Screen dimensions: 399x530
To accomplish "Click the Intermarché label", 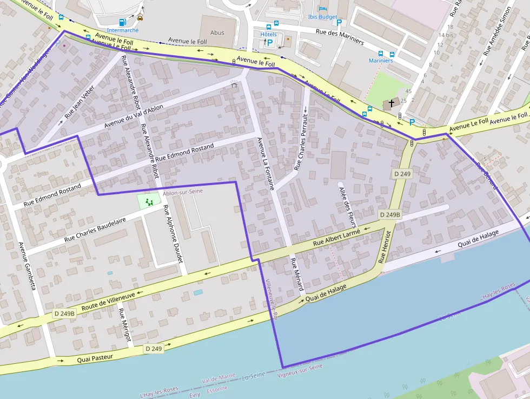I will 123,30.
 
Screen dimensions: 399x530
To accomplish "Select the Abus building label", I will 217,32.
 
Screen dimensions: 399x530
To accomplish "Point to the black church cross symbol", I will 392,102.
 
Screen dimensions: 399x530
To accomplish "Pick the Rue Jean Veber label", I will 79,102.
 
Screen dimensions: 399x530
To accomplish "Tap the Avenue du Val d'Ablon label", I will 134,116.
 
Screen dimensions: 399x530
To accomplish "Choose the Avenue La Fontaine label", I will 266,163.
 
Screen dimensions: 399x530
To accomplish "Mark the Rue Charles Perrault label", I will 301,142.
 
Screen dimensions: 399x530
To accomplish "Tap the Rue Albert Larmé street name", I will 336,238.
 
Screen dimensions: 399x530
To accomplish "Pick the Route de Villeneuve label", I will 108,300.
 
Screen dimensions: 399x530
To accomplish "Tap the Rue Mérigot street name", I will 125,325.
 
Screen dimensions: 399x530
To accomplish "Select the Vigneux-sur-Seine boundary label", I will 300,370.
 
